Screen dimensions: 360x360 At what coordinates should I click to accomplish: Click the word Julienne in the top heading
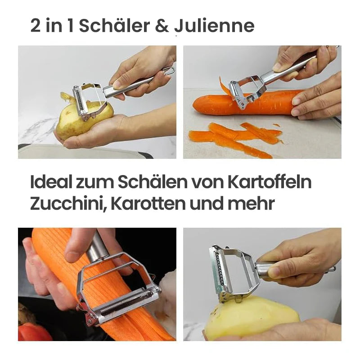click(214, 26)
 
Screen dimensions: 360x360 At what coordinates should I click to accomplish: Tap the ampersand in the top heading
click(162, 26)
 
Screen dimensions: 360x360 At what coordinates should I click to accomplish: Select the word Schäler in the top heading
click(114, 26)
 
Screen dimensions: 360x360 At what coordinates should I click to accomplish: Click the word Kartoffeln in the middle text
click(270, 182)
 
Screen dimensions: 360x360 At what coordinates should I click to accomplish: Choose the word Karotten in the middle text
click(148, 204)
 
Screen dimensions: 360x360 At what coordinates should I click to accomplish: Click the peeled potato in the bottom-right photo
click(252, 318)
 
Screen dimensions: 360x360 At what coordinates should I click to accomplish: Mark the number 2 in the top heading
click(36, 26)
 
